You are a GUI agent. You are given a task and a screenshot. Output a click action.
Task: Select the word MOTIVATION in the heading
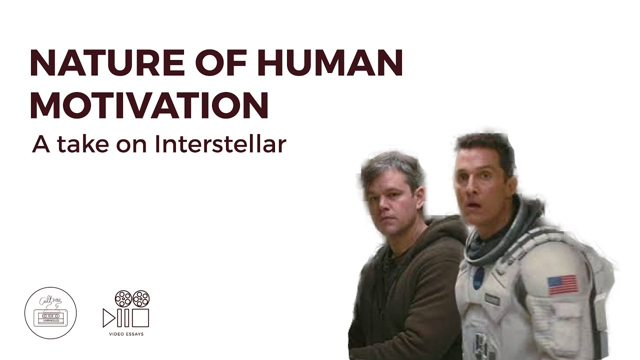point(149,105)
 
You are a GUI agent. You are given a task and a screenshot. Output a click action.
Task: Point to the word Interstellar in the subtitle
point(220,144)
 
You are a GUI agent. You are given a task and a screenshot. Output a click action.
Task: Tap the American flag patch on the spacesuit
point(562,284)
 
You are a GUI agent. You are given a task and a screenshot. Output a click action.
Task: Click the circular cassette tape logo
point(50,313)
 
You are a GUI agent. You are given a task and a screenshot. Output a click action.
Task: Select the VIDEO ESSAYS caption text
point(126,334)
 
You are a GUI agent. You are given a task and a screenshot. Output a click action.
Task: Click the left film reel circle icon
point(122,299)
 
